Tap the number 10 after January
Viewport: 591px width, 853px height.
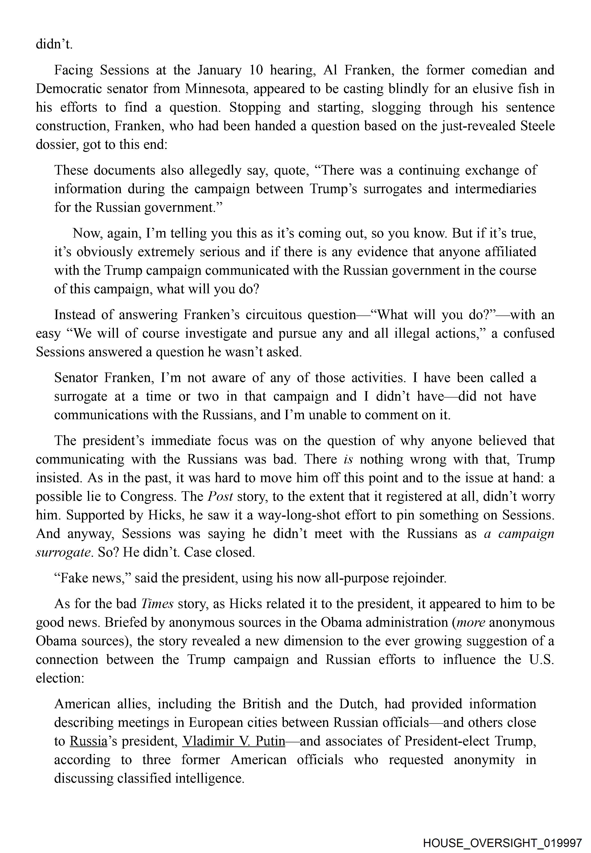tap(255, 70)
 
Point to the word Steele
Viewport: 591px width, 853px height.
tap(538, 126)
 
